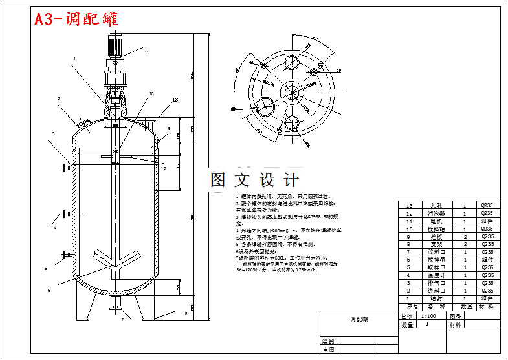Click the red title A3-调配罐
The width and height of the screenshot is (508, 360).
(x=76, y=19)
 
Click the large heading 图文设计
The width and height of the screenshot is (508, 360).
(x=254, y=180)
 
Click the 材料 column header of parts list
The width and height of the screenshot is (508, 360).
(x=487, y=306)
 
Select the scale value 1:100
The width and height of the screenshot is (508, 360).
(x=428, y=317)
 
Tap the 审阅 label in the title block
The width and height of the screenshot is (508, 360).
(x=329, y=350)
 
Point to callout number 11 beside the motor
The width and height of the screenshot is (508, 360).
(x=147, y=52)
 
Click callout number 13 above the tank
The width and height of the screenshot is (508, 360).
(x=175, y=100)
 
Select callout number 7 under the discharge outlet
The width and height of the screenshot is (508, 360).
(x=122, y=320)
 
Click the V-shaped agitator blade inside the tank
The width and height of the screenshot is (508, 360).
(x=116, y=258)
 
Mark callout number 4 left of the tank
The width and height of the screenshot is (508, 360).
(x=55, y=228)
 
